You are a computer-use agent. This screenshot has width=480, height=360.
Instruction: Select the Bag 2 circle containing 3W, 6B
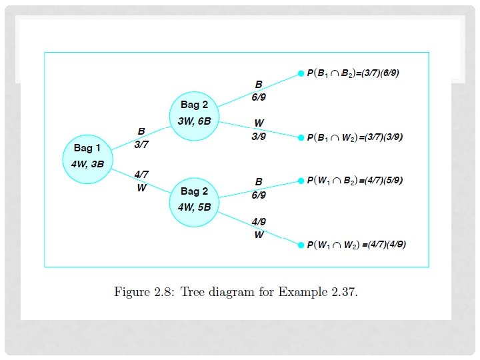(x=195, y=115)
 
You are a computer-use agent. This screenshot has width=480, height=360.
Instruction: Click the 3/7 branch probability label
(x=141, y=144)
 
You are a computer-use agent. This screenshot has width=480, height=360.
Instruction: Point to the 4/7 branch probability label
(x=141, y=175)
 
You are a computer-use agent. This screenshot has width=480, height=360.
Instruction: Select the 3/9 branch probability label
(x=259, y=136)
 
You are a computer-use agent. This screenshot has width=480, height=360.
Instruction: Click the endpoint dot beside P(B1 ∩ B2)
(x=301, y=74)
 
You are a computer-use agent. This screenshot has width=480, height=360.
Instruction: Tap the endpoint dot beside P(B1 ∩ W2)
(x=301, y=137)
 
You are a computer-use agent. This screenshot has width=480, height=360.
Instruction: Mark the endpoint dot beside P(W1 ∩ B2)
(x=301, y=181)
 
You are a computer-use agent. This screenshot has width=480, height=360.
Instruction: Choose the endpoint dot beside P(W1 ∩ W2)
(x=301, y=245)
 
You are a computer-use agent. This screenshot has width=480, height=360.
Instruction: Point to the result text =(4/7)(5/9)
(x=380, y=181)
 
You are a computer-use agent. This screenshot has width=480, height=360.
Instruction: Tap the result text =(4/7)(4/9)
(x=383, y=245)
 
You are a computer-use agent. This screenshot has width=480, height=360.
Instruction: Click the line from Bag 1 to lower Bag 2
(x=140, y=181)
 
